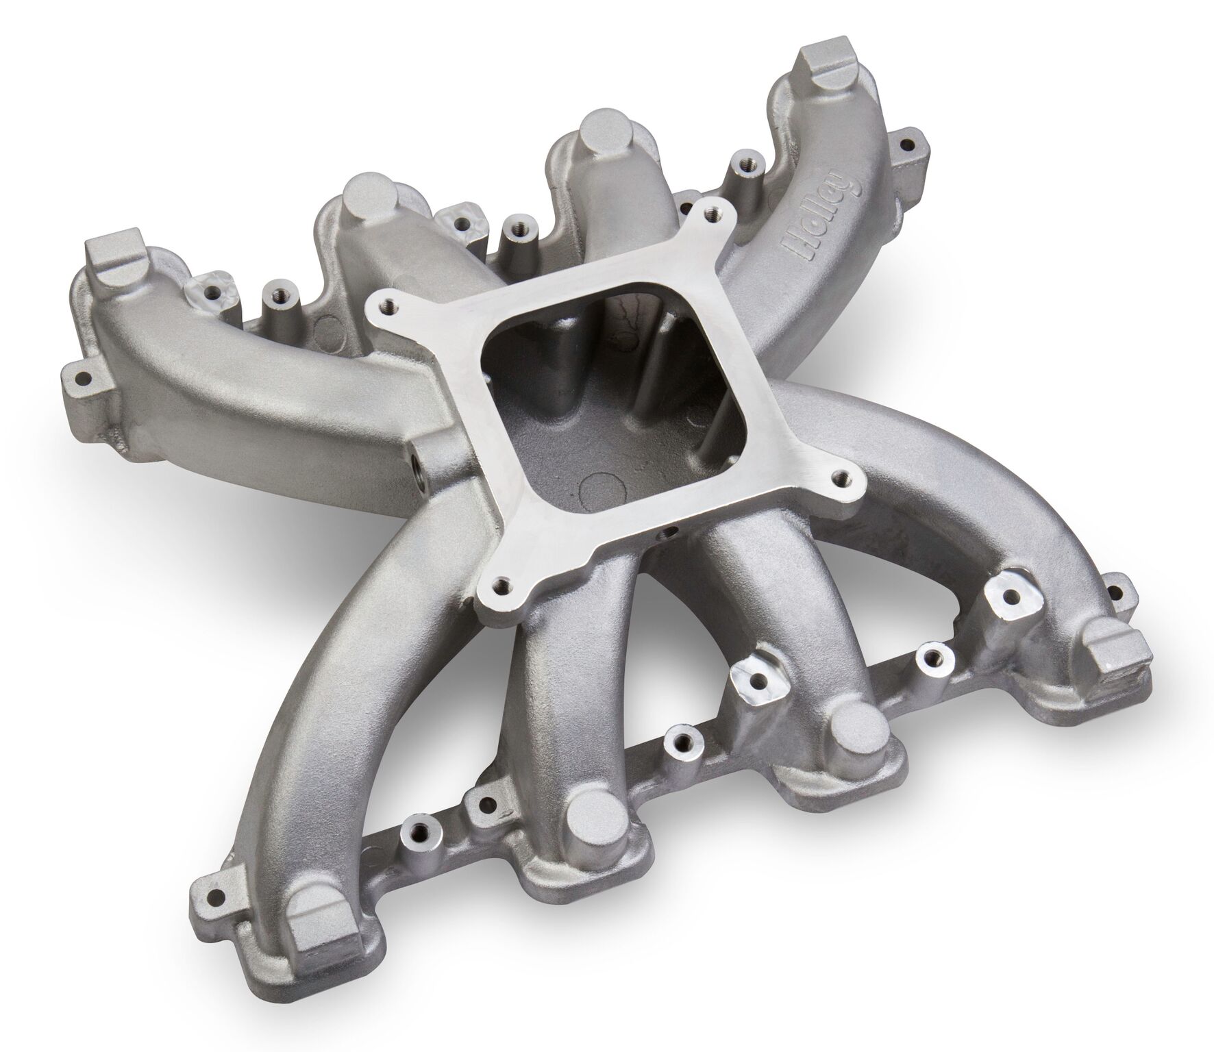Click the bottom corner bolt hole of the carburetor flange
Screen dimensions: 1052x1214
click(504, 584)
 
